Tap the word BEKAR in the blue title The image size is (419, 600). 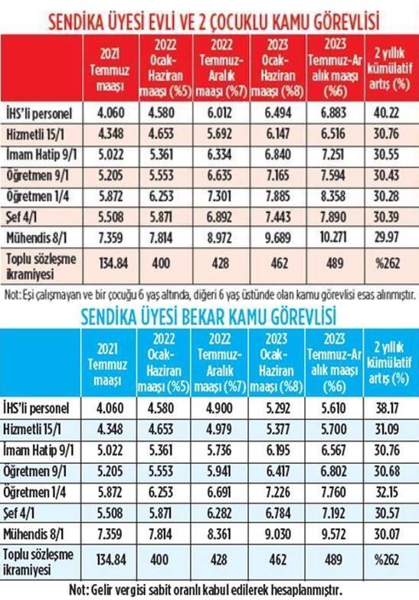coord(208,317)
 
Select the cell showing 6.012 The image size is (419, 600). coord(220,113)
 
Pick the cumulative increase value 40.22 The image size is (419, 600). coord(386,113)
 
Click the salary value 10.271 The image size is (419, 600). coord(333,237)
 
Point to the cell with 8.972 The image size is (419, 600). coord(220,237)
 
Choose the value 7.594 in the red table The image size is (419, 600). coord(333,175)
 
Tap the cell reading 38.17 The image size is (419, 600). coord(386,408)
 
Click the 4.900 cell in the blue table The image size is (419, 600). coord(219,408)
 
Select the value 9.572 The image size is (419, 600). coord(334,534)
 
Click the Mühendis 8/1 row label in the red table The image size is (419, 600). coord(37,237)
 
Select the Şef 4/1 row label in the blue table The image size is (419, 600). coord(18,513)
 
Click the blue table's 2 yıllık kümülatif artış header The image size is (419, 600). coord(389,363)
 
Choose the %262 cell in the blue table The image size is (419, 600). coord(387,560)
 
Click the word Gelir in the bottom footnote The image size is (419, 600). coord(101,589)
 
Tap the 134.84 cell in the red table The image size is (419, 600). coord(113,263)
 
